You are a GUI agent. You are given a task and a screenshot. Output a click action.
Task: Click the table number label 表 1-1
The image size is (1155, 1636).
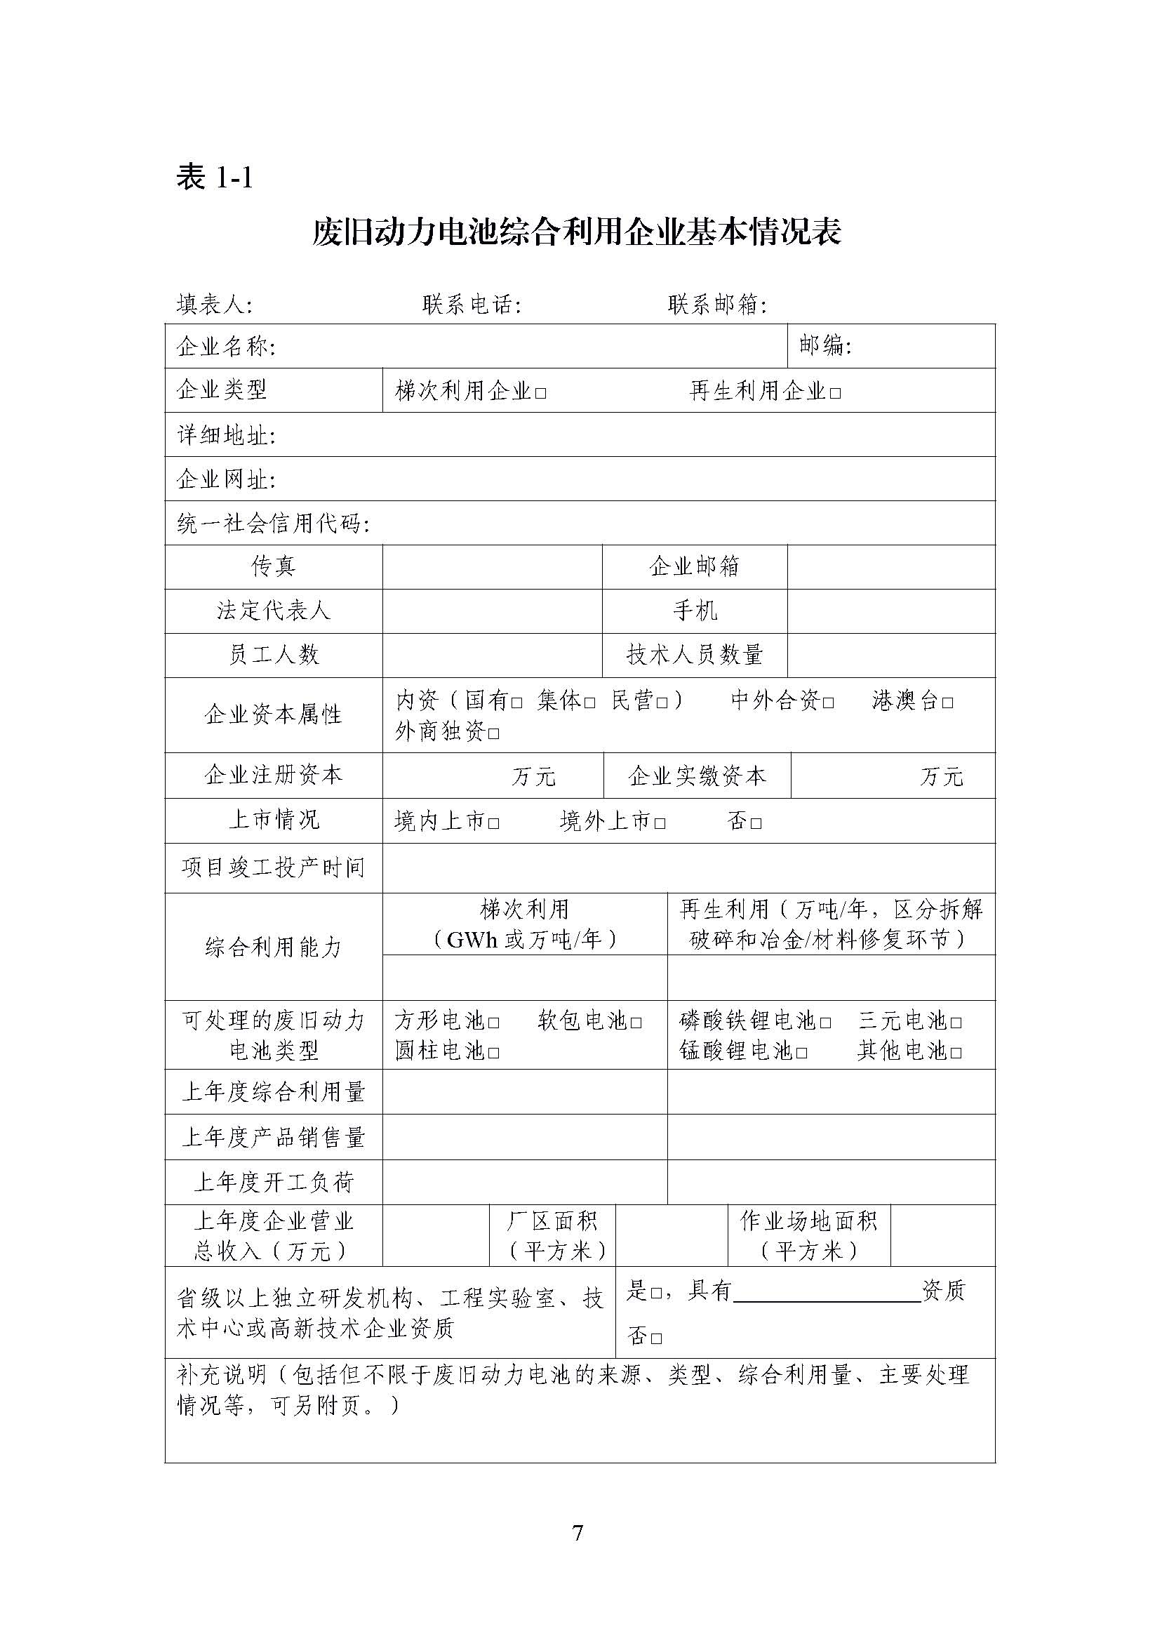[x=215, y=178]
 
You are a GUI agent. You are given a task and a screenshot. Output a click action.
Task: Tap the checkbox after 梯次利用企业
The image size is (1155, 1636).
[x=541, y=393]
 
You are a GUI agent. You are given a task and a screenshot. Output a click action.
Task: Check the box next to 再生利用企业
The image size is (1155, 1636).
[x=836, y=393]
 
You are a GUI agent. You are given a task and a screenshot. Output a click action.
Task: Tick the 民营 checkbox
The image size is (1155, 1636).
[x=662, y=703]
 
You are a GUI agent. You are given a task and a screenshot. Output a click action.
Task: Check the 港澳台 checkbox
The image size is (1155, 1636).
[x=948, y=703]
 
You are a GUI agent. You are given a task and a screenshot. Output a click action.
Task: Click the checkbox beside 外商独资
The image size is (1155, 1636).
[x=495, y=733]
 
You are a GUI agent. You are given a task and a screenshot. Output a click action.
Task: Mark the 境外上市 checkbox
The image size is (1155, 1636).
[x=660, y=824]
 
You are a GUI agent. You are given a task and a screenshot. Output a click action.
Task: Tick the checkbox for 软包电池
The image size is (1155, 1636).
[x=636, y=1023]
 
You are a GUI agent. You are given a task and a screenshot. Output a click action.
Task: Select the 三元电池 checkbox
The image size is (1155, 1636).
[x=956, y=1023]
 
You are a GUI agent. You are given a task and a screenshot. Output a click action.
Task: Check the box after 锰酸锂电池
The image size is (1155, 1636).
[x=801, y=1053]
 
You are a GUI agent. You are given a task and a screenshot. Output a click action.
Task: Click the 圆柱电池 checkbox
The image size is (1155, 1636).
[x=494, y=1053]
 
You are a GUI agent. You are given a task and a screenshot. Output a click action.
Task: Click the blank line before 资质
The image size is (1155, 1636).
[x=827, y=1291]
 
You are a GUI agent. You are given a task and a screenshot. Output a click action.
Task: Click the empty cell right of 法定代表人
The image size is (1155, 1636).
[x=492, y=611]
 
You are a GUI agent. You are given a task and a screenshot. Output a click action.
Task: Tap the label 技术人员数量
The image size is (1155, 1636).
[x=694, y=654]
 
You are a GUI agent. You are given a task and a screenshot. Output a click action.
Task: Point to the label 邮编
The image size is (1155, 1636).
[x=825, y=345]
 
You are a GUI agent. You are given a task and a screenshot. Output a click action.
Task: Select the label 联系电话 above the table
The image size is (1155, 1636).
[x=471, y=305]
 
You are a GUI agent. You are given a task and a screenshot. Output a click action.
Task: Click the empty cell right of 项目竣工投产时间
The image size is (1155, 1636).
[x=688, y=867]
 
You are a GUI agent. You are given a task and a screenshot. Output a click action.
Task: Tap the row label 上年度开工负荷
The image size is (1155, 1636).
[x=274, y=1182]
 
